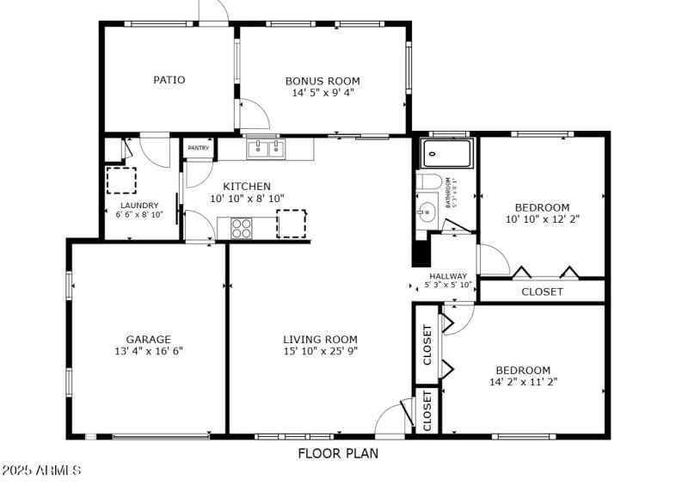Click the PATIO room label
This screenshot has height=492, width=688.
(x=169, y=80)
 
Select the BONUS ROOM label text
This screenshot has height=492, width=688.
(x=322, y=81)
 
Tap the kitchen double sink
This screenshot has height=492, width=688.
(x=266, y=151)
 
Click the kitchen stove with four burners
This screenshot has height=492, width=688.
(x=242, y=228)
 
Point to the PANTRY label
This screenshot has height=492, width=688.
(x=199, y=147)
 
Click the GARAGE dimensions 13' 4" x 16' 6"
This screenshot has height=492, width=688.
(x=149, y=351)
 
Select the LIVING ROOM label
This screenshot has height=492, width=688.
(x=320, y=339)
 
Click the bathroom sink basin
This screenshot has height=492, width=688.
(x=425, y=212)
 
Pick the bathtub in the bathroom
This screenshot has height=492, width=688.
(x=446, y=154)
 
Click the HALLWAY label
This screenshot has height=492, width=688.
(x=448, y=276)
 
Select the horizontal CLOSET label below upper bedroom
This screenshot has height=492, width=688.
(x=542, y=292)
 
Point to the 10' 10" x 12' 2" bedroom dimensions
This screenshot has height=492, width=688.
(x=542, y=219)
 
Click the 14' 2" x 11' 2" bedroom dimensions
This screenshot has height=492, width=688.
(x=523, y=382)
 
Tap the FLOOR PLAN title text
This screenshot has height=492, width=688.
(x=338, y=453)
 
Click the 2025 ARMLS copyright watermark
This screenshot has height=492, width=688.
(x=41, y=470)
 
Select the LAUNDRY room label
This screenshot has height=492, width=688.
(x=139, y=205)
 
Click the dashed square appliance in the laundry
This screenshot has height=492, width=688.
(x=121, y=181)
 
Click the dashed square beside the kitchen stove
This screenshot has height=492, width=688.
(x=291, y=224)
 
